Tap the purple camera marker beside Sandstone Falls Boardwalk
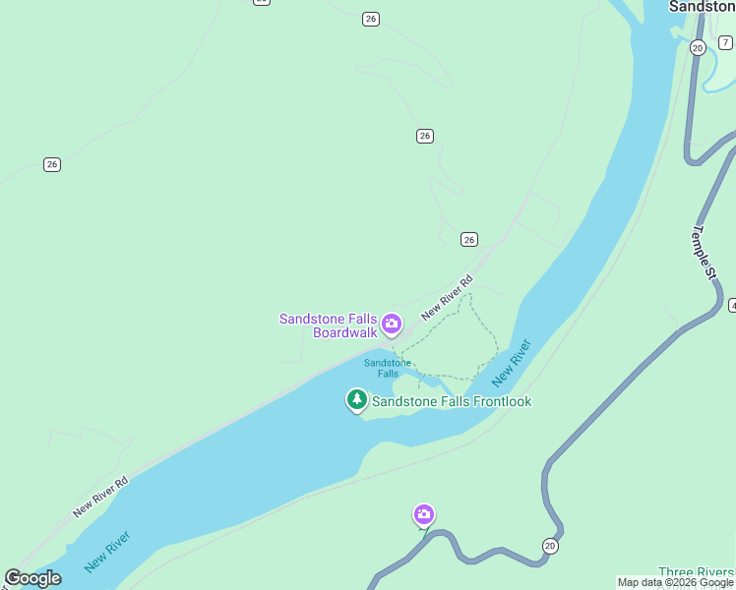pos(392,323)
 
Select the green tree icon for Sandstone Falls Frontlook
pos(356,399)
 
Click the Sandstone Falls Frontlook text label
pos(452,401)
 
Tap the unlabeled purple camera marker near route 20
pos(424,514)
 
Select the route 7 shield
pos(725,42)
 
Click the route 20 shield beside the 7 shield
pos(698,47)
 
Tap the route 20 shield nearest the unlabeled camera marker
pos(549,546)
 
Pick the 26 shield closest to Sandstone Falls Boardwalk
pos(469,239)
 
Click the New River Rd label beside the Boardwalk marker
pos(447,297)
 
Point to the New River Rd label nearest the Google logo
pos(100,498)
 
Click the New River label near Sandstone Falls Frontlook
pos(512,362)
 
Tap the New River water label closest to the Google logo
pos(107,552)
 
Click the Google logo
pos(32,578)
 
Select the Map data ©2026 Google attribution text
pos(675,582)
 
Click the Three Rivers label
pos(697,572)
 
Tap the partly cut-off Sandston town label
pos(702,6)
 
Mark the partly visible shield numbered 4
pos(732,306)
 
